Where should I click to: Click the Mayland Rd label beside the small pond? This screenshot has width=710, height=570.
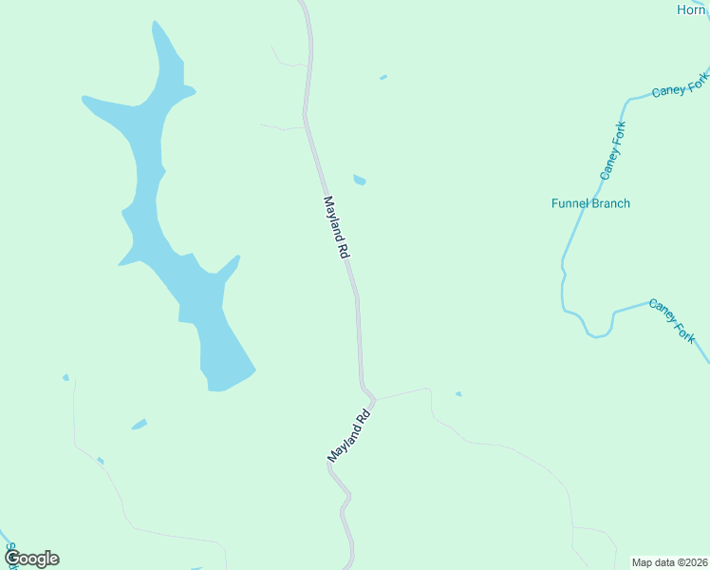pyautogui.click(x=337, y=228)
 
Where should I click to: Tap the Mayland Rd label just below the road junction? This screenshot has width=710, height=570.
pyautogui.click(x=349, y=436)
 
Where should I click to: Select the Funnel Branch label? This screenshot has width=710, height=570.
pyautogui.click(x=590, y=203)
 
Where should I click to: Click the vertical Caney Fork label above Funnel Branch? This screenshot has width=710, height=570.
pyautogui.click(x=613, y=151)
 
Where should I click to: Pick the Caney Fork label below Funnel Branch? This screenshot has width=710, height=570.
pyautogui.click(x=672, y=321)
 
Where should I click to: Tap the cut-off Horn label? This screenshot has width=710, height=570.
pyautogui.click(x=692, y=9)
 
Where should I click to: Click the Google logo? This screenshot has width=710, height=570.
pyautogui.click(x=31, y=559)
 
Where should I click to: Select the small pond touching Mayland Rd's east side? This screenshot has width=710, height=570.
pyautogui.click(x=360, y=180)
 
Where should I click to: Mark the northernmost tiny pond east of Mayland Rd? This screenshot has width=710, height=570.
pyautogui.click(x=383, y=77)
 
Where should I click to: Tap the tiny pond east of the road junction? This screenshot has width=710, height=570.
pyautogui.click(x=458, y=394)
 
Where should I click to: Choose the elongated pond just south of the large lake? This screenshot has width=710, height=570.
pyautogui.click(x=140, y=424)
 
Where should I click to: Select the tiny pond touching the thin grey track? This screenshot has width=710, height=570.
pyautogui.click(x=100, y=461)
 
